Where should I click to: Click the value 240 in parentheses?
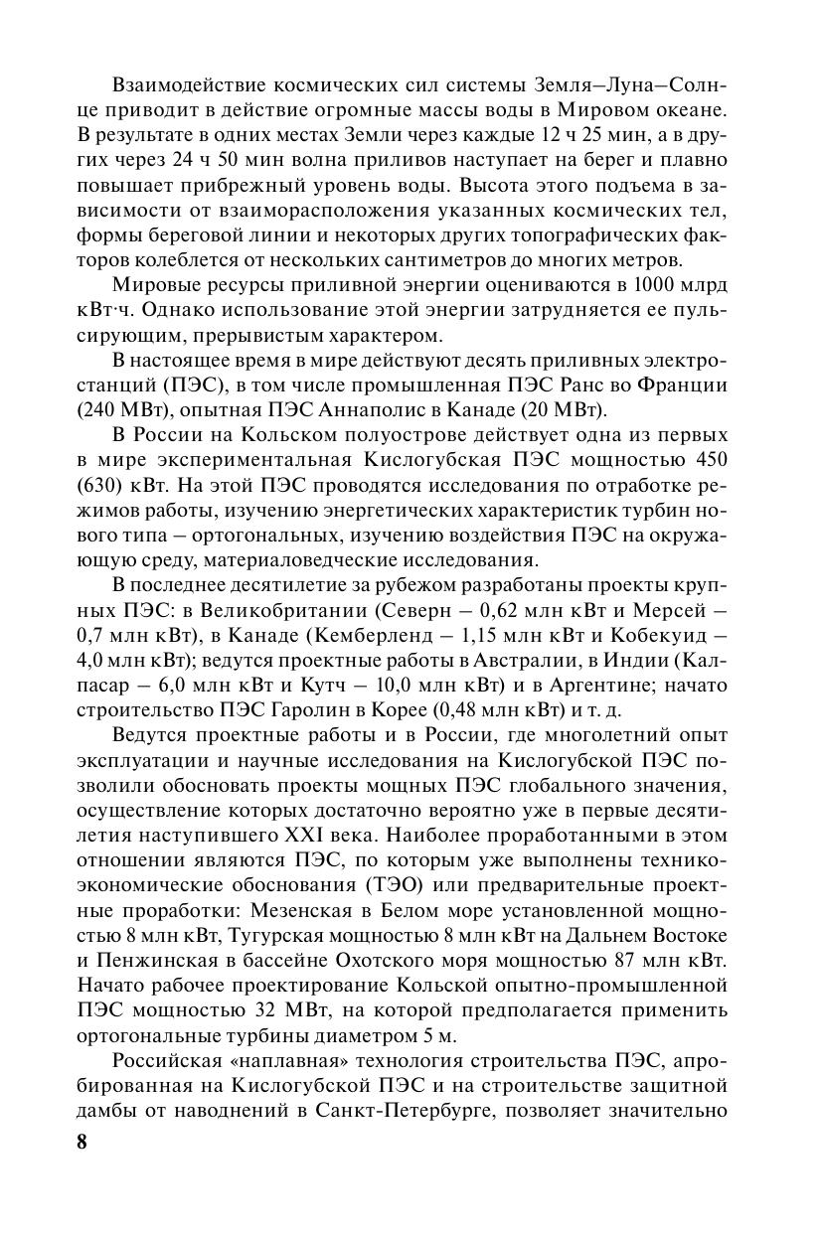pos(101,409)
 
